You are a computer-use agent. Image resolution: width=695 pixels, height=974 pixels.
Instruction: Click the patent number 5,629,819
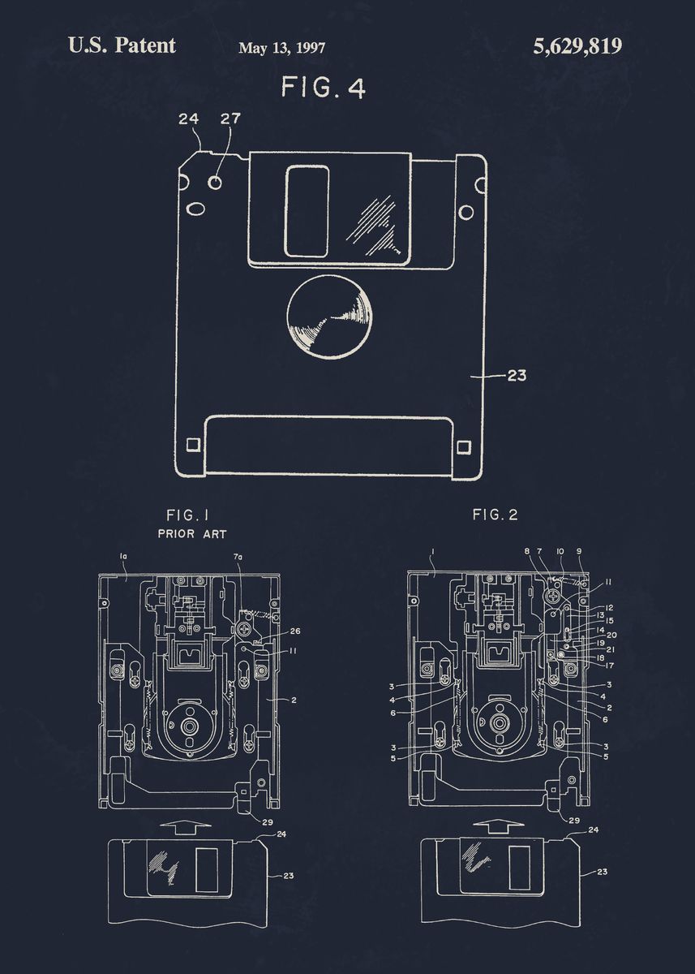click(x=577, y=46)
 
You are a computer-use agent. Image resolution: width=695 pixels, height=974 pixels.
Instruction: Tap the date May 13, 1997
click(x=281, y=48)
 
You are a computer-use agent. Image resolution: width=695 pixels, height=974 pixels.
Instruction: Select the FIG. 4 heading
click(x=323, y=88)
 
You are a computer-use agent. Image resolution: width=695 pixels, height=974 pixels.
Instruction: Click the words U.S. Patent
click(x=122, y=45)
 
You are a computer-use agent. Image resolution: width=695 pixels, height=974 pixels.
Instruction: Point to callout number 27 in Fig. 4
click(x=230, y=119)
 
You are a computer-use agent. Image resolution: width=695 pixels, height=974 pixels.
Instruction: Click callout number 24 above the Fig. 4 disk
click(x=188, y=119)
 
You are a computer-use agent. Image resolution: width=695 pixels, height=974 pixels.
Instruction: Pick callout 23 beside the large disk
click(x=516, y=375)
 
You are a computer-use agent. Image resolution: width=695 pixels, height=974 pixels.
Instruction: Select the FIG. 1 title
click(x=187, y=515)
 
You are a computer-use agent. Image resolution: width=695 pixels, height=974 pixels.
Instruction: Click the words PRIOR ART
click(x=191, y=534)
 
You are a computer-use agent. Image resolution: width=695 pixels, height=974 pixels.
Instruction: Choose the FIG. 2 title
click(x=495, y=515)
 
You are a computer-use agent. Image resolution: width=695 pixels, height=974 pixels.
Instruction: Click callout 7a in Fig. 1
click(x=238, y=557)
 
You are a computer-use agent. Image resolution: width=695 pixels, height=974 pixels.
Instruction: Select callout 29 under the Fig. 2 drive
click(x=573, y=821)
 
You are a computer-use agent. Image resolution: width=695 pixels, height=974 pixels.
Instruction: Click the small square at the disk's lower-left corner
click(x=193, y=444)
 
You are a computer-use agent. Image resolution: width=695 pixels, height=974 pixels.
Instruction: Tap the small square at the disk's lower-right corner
click(x=464, y=446)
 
